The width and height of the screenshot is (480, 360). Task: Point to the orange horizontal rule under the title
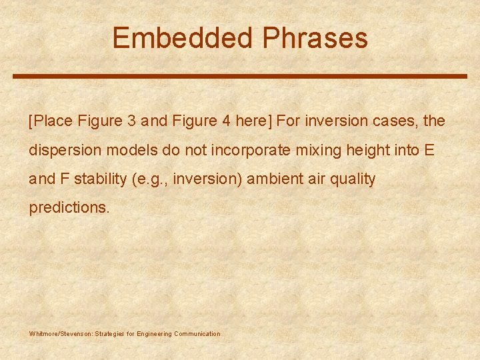point(240,76)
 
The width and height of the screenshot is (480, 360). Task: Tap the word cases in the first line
point(396,121)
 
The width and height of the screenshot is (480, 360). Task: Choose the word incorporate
point(251,150)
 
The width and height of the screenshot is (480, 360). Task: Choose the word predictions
point(69,207)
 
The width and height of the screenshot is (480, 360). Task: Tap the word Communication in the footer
point(197,333)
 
